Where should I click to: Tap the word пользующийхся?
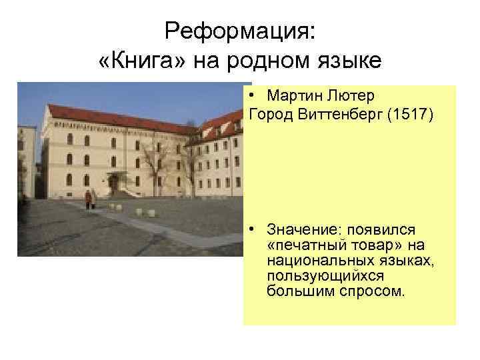(x=313, y=276)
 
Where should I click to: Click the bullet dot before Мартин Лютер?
(x=255, y=96)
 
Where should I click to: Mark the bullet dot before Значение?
(x=255, y=230)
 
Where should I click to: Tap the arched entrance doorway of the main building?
(x=114, y=183)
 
